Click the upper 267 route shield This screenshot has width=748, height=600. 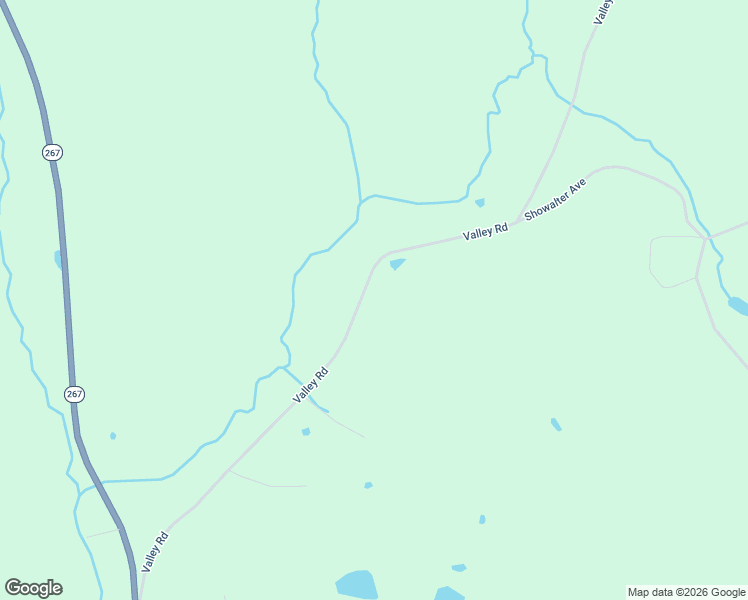pos(53,152)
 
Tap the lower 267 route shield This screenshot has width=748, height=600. pos(74,394)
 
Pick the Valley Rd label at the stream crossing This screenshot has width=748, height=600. pos(310,386)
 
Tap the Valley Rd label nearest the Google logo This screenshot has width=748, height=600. pos(155,551)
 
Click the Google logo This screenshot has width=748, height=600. pos(33,588)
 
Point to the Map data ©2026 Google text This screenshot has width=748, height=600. pos(686,592)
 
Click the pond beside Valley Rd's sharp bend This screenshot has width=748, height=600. pos(397,264)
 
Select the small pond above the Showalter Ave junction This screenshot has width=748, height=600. pos(480,203)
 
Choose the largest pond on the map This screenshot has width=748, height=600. pos(356,585)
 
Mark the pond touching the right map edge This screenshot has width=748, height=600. pos(738,305)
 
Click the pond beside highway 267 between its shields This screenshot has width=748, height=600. pos(59,259)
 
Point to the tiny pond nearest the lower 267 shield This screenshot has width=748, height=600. pos(113,436)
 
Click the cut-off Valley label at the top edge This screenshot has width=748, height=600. pos(602,11)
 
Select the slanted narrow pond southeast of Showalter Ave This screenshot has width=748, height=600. pos(556,425)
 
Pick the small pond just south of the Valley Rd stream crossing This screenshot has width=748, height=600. pos(306,432)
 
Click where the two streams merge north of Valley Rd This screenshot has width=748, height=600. pos(359,203)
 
